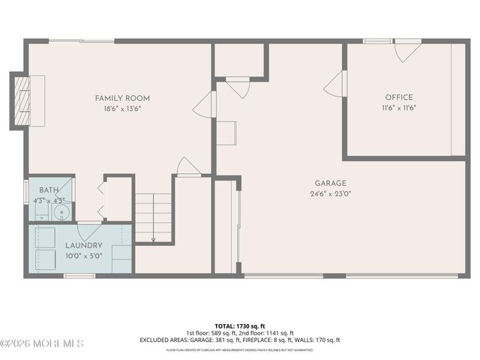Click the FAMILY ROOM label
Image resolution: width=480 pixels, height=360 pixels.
point(122,98)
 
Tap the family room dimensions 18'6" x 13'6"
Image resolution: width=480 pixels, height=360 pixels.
point(122,109)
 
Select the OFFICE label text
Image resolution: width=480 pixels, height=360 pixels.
point(399,97)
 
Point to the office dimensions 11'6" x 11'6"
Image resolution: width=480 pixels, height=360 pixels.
point(399,108)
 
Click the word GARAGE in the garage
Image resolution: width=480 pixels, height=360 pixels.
point(330,183)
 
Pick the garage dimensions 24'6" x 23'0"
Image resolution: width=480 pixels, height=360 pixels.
point(330,193)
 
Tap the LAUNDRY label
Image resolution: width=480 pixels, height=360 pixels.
point(83,245)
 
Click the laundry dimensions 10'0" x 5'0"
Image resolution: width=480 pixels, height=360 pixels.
point(83,256)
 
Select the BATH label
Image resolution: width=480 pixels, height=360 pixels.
point(49,190)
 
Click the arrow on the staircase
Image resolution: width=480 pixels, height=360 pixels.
point(153,239)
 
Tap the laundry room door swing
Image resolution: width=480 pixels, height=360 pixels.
point(88,231)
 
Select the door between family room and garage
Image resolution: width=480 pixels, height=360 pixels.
point(205,104)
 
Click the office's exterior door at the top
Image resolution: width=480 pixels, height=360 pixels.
point(407,49)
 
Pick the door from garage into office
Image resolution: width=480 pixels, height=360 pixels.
point(334,84)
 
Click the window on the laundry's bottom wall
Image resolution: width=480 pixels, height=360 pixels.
point(79,276)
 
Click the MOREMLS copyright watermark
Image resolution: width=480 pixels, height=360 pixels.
point(42,343)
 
